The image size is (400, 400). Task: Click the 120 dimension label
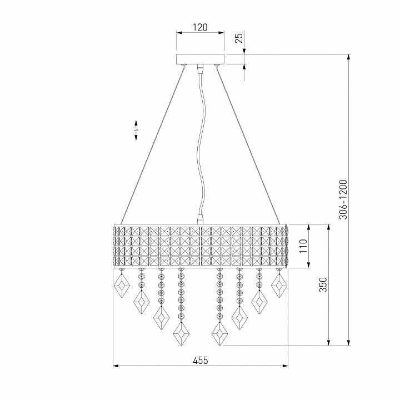[x=200, y=27]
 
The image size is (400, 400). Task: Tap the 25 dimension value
[x=239, y=38]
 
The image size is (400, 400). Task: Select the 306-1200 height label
[x=343, y=199]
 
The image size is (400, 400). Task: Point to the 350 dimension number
[x=323, y=284]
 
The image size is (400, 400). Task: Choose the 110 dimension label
[x=303, y=246]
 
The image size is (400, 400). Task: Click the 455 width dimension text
[x=201, y=361]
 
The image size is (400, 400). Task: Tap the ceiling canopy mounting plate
[x=200, y=59]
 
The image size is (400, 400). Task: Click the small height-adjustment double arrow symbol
[x=136, y=130]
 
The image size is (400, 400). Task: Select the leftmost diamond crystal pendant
[x=122, y=286]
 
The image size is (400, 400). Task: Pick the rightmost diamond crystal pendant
[x=279, y=286]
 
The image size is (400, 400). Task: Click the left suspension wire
[x=152, y=145]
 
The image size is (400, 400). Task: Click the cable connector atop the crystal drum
[x=201, y=219]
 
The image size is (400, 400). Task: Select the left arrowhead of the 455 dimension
[x=116, y=366]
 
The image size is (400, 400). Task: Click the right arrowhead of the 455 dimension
[x=285, y=366]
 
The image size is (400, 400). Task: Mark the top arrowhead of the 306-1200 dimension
[x=349, y=57]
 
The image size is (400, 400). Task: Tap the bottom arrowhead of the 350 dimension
[x=328, y=343]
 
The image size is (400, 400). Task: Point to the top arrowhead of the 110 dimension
[x=309, y=228]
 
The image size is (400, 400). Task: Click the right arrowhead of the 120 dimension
[x=221, y=33]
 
